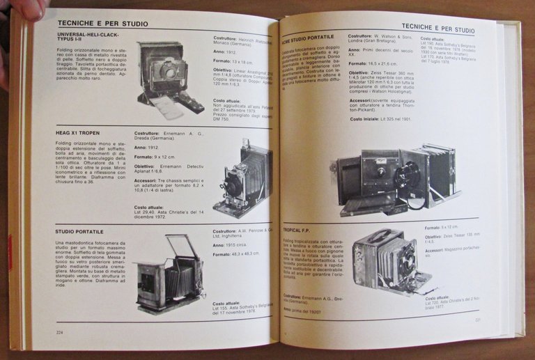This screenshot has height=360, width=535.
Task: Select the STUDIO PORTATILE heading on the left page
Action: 79,230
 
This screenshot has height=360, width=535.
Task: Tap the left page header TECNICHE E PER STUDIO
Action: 102,24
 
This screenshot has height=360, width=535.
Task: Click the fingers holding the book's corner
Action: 21,8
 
